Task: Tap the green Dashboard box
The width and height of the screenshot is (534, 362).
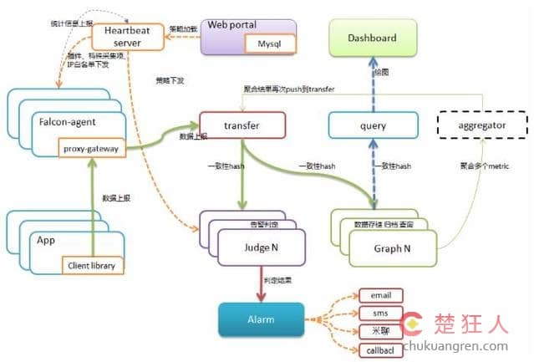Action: pyautogui.click(x=372, y=39)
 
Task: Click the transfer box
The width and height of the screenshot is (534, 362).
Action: pyautogui.click(x=242, y=125)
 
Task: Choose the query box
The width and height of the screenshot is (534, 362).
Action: pyautogui.click(x=372, y=125)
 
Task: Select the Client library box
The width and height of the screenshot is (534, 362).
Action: pyautogui.click(x=93, y=266)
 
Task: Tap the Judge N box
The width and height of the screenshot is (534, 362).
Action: pyautogui.click(x=260, y=247)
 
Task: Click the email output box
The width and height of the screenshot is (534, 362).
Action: pyautogui.click(x=380, y=295)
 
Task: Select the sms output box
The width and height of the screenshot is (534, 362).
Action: pyautogui.click(x=380, y=314)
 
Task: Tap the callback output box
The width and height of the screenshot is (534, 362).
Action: pyautogui.click(x=380, y=350)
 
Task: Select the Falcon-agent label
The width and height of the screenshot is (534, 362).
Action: pyautogui.click(x=66, y=122)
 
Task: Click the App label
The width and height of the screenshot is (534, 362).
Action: pyautogui.click(x=46, y=239)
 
